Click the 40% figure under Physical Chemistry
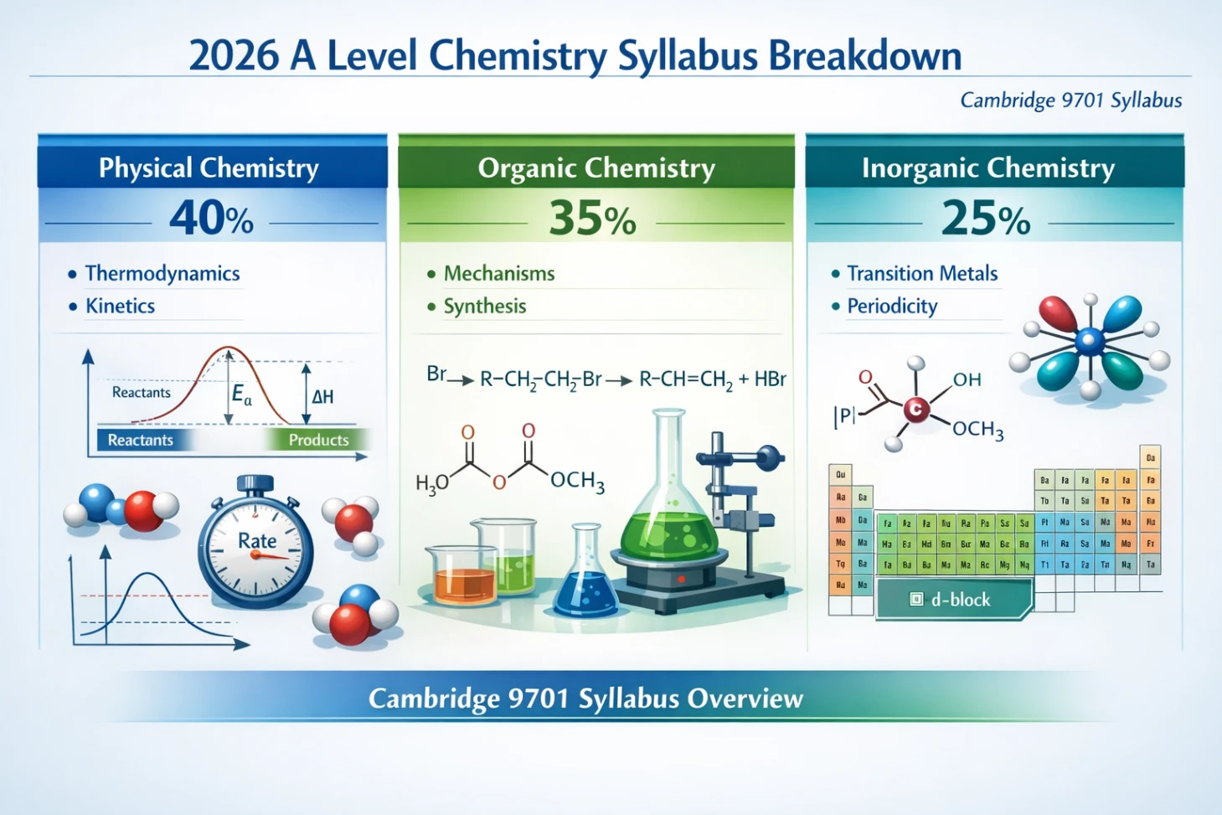(211, 219)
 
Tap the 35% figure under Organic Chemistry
(592, 219)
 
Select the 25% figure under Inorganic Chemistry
(985, 219)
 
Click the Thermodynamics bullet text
(162, 274)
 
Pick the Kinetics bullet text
(120, 307)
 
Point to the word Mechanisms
(498, 274)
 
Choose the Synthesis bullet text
(484, 307)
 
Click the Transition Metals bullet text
(921, 274)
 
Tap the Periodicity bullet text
(891, 307)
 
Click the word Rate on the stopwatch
(256, 541)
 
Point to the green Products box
(317, 440)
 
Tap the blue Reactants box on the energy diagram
(141, 440)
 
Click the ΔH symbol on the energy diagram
(322, 397)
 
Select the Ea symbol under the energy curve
(241, 395)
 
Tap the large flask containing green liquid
(670, 511)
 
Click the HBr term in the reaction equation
(770, 379)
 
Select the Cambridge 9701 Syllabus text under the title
(1070, 101)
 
